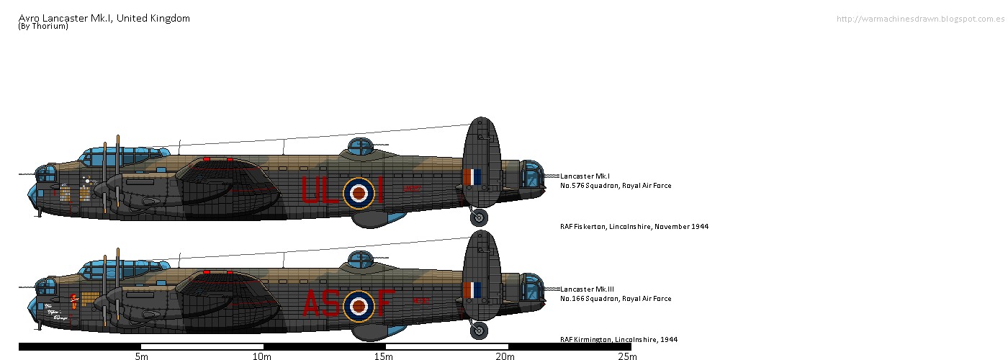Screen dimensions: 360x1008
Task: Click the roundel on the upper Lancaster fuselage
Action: point(358,192)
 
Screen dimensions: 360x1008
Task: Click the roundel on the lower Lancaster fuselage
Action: point(358,306)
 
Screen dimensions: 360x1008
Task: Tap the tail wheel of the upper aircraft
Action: point(479,217)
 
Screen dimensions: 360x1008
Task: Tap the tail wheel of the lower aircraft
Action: point(479,330)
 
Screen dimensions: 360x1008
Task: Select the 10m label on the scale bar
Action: point(262,356)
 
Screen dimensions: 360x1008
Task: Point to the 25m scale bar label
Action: point(627,356)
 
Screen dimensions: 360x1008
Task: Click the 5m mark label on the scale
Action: point(141,356)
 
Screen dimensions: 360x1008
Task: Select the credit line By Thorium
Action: point(43,27)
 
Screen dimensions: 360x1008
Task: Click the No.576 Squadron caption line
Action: point(616,186)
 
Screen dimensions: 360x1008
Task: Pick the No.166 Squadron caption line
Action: point(616,299)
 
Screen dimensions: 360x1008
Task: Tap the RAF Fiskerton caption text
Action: point(634,226)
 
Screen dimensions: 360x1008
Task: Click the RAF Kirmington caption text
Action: point(618,339)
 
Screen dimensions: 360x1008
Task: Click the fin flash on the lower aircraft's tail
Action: point(472,290)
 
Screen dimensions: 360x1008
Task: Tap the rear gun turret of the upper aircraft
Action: point(531,177)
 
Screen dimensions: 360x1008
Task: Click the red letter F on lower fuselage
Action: point(385,305)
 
